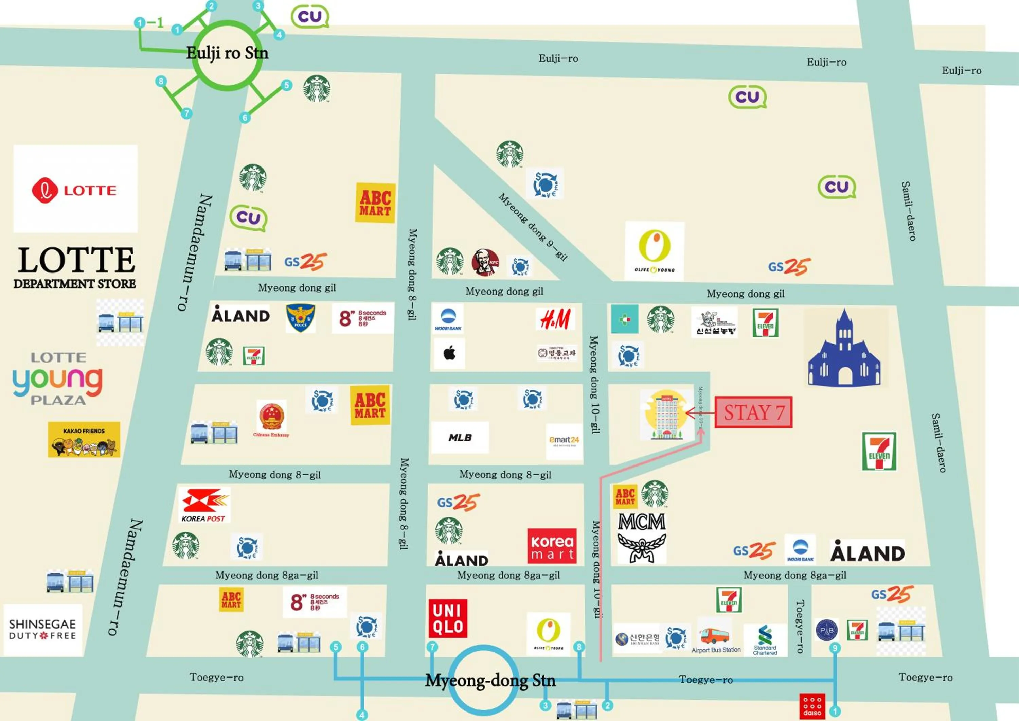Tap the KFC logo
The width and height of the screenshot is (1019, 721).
point(485,262)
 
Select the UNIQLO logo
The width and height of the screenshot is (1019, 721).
point(448,618)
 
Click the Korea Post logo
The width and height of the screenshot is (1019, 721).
point(204,505)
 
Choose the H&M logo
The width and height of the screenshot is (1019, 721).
point(556,319)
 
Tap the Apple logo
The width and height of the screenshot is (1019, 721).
point(449,353)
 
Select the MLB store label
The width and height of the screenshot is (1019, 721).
point(460,437)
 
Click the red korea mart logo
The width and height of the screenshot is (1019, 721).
point(552,546)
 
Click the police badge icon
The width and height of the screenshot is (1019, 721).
point(301,317)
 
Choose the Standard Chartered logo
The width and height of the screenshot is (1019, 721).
point(765,639)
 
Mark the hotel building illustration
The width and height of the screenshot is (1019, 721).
point(666,415)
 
